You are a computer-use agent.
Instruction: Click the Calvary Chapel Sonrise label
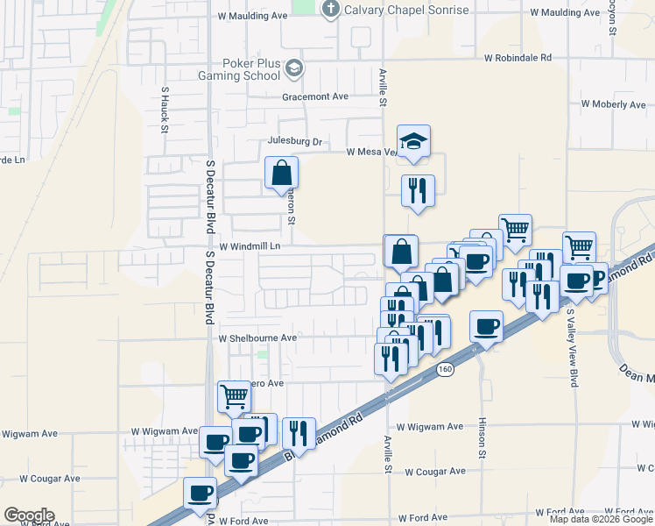click(395, 11)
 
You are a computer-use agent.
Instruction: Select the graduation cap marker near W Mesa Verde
click(414, 141)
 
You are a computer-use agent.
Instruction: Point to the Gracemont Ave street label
click(315, 96)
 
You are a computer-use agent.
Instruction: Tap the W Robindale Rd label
click(518, 58)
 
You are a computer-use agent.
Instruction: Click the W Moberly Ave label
click(614, 104)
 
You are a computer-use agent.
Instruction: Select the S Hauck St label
click(164, 109)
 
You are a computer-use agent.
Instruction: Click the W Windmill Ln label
click(249, 247)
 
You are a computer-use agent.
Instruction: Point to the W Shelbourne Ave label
click(258, 338)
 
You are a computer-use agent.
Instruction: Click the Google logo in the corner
click(29, 515)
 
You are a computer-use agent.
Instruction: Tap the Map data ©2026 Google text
click(600, 519)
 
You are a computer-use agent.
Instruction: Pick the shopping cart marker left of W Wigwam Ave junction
click(234, 396)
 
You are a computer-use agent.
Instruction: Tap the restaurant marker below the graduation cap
click(418, 190)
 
